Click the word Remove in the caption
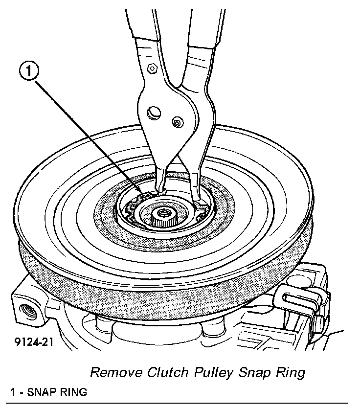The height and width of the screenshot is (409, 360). coord(116,373)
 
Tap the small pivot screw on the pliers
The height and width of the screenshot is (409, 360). coord(176,120)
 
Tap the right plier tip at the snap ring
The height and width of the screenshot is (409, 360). coord(199,201)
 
